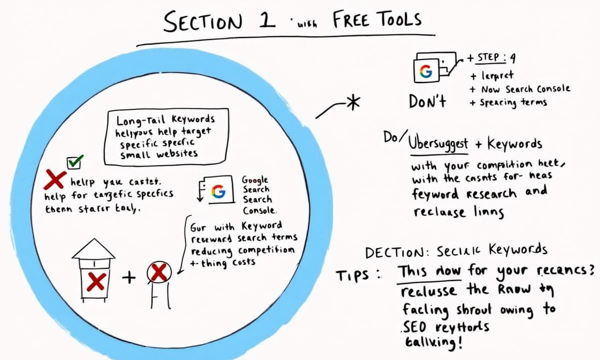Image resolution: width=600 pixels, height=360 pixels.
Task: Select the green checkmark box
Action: (75, 161)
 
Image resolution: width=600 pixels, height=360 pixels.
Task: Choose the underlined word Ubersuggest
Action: (438, 144)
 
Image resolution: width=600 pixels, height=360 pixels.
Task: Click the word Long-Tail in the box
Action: (135, 120)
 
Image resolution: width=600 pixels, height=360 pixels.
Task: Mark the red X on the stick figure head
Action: (159, 273)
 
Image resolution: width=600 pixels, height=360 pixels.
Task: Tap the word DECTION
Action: (394, 252)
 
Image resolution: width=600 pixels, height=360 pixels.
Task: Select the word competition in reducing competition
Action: (266, 250)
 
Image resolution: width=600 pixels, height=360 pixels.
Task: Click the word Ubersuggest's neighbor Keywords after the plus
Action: (514, 144)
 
